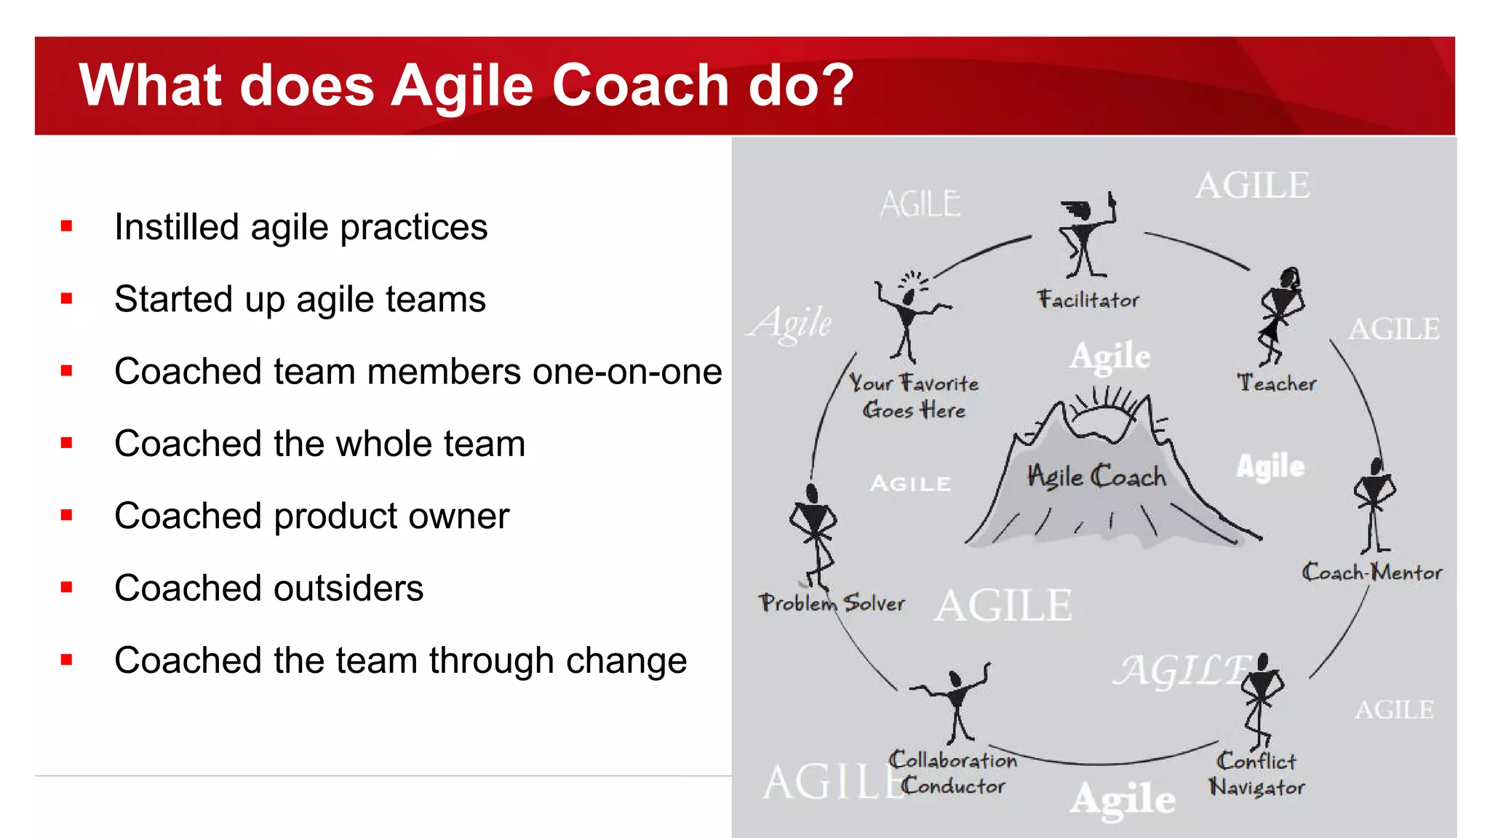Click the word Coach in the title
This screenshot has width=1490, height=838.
click(x=640, y=86)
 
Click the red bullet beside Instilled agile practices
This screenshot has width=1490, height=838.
click(x=67, y=226)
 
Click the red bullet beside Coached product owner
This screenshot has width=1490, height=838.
click(x=67, y=515)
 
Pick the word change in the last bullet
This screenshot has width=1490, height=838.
click(x=626, y=661)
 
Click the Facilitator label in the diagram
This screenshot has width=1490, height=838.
click(x=1088, y=300)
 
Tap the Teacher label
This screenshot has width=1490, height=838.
click(x=1277, y=383)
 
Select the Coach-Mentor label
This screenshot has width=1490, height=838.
click(x=1371, y=572)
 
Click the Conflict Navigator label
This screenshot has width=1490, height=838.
click(x=1257, y=774)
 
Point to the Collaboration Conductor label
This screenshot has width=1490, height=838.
click(x=953, y=773)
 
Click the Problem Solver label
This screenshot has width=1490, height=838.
click(x=832, y=602)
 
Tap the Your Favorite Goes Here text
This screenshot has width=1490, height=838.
click(x=914, y=396)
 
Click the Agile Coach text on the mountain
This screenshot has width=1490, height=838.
click(x=1096, y=476)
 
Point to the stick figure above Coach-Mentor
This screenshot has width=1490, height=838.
click(x=1374, y=506)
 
